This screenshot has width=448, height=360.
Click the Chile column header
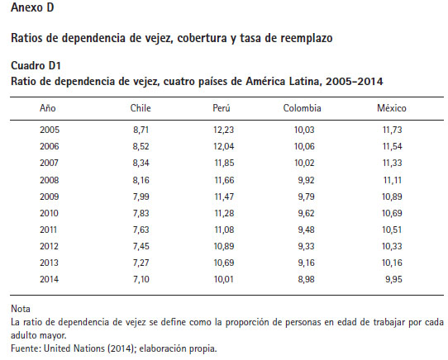click(141, 108)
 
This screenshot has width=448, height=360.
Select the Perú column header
click(222, 108)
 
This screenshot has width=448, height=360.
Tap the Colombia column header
click(302, 108)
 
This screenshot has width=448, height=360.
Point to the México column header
click(392, 108)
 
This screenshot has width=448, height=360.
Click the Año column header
click(48, 108)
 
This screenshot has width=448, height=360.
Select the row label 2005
click(50, 130)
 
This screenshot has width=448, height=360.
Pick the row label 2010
click(49, 213)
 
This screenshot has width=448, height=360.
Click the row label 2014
click(49, 279)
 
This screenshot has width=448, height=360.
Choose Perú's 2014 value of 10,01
click(224, 279)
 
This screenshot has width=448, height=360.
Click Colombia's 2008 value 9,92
click(306, 180)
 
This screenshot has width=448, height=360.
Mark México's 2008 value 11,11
click(392, 180)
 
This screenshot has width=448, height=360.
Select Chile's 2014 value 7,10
click(141, 279)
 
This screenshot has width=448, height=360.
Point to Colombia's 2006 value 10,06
click(304, 146)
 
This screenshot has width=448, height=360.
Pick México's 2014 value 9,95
click(393, 279)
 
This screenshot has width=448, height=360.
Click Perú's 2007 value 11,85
click(224, 163)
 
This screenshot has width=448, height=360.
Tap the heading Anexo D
click(32, 7)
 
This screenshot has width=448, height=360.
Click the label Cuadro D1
click(36, 66)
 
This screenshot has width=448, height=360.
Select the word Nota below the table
click(21, 309)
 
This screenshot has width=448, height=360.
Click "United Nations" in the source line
click(74, 348)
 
